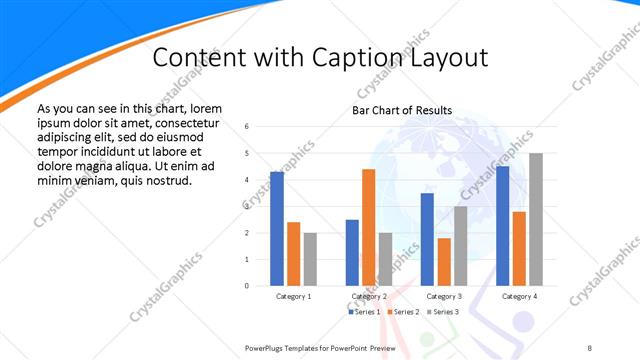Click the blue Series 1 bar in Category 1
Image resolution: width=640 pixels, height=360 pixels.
click(277, 229)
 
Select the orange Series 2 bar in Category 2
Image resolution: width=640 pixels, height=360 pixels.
click(368, 228)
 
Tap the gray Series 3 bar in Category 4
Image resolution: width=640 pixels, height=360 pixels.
click(536, 220)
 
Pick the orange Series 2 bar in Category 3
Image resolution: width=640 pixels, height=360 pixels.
click(443, 262)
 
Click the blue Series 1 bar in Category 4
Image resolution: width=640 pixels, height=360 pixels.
click(502, 226)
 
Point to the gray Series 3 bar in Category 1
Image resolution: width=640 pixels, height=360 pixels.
click(311, 259)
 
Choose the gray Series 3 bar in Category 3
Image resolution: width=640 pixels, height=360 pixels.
click(460, 246)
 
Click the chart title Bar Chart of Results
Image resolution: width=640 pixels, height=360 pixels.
click(402, 110)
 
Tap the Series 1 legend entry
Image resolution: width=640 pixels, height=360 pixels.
click(364, 312)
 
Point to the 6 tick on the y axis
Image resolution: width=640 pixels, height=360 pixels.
click(246, 127)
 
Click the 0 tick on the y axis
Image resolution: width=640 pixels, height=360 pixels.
click(246, 286)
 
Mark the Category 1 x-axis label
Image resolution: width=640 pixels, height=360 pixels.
click(294, 297)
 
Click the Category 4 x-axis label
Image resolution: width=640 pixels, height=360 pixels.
click(519, 297)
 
